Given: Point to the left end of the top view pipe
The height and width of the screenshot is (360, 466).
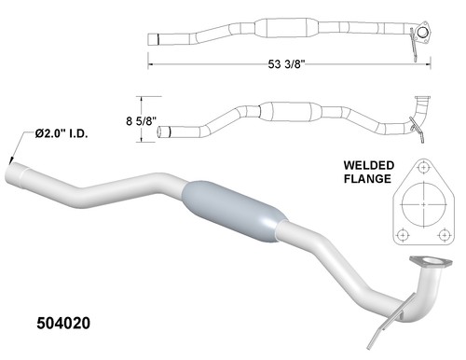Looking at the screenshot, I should click(156, 39).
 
